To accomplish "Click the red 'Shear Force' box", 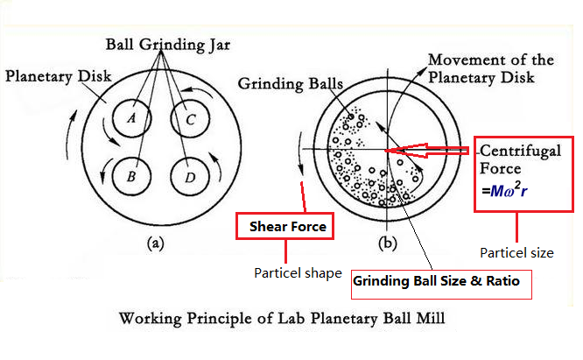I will [284, 228].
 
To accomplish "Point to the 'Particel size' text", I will [516, 253].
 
